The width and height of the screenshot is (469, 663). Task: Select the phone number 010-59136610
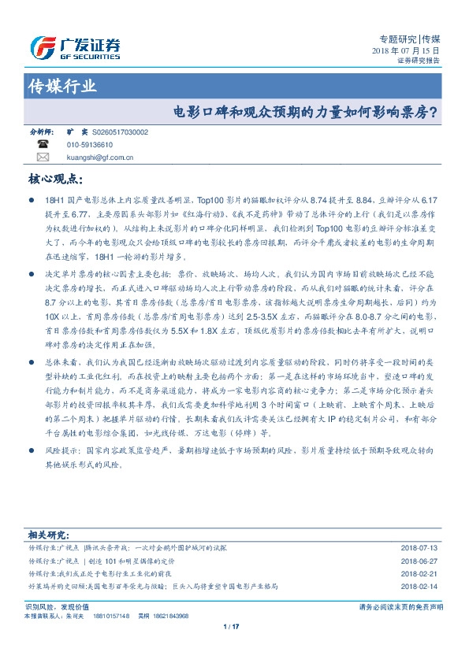coord(90,146)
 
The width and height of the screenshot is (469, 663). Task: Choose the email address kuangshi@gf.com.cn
coord(100,157)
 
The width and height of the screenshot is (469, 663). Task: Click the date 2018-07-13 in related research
coord(420,546)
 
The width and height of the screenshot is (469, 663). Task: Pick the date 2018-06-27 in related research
coord(420,561)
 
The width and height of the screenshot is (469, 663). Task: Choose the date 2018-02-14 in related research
coord(420,587)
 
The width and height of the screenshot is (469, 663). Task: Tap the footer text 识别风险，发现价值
coord(58,606)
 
